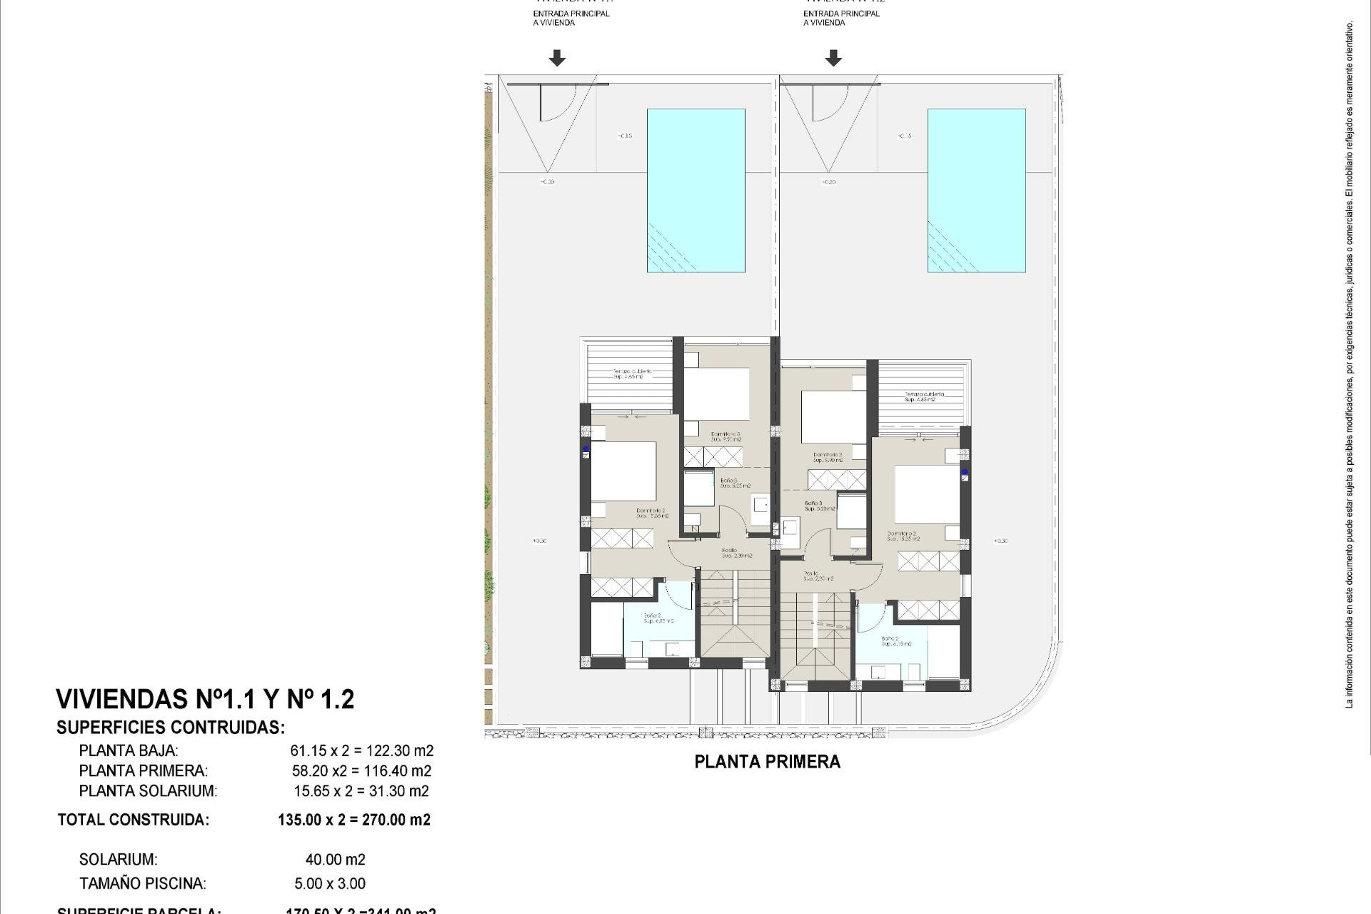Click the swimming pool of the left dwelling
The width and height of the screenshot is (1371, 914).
pyautogui.click(x=695, y=190)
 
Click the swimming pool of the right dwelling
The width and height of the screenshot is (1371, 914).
pyautogui.click(x=976, y=190)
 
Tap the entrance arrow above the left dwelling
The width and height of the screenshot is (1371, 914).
pyautogui.click(x=557, y=58)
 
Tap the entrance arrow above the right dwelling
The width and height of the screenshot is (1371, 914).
pyautogui.click(x=833, y=58)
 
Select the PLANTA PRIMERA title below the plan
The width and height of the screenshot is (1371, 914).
pyautogui.click(x=767, y=762)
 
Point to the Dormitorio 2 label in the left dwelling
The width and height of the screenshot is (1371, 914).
pyautogui.click(x=651, y=512)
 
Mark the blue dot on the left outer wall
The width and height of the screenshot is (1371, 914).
pyautogui.click(x=586, y=451)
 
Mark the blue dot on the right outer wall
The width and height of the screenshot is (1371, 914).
pyautogui.click(x=964, y=473)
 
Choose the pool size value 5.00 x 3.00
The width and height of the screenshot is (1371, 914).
pyautogui.click(x=329, y=883)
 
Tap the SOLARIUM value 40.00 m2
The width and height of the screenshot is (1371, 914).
pyautogui.click(x=335, y=860)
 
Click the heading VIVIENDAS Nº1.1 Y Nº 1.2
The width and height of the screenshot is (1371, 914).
pyautogui.click(x=205, y=699)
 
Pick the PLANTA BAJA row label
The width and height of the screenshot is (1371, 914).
pyautogui.click(x=129, y=750)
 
